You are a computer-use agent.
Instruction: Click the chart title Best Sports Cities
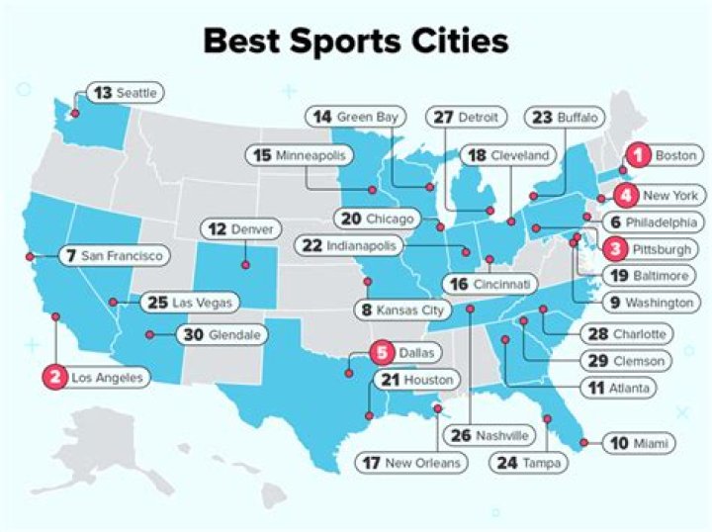click(356, 42)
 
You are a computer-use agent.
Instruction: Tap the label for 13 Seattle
click(125, 92)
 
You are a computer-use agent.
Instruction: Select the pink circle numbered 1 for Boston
click(639, 154)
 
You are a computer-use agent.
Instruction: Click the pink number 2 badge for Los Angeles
click(55, 377)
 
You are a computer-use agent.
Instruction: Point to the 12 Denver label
click(242, 228)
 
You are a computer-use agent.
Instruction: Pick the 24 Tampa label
click(529, 462)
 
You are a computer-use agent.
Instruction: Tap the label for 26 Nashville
click(489, 434)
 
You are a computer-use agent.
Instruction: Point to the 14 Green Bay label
click(355, 117)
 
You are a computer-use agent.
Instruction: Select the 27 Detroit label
click(467, 117)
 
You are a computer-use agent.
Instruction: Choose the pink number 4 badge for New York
click(625, 195)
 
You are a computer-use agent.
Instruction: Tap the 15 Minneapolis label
click(300, 155)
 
